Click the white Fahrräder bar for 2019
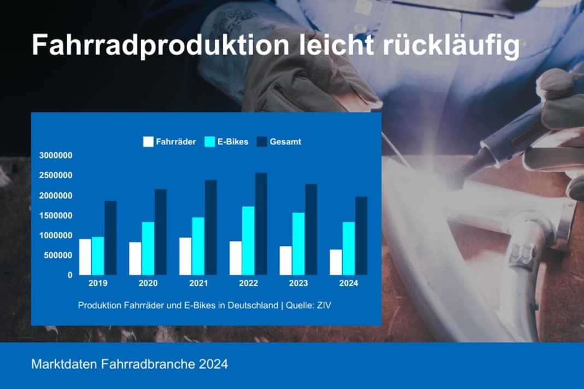[85, 257]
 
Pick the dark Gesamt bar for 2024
[361, 235]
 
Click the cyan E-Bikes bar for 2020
[148, 248]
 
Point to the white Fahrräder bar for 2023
[285, 261]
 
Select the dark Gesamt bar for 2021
[211, 227]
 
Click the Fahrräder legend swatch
[148, 142]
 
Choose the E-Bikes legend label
[233, 142]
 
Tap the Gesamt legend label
[285, 142]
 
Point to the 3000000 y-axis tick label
[56, 156]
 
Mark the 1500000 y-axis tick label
[56, 215]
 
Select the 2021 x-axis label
[198, 284]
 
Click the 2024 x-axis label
[348, 284]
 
